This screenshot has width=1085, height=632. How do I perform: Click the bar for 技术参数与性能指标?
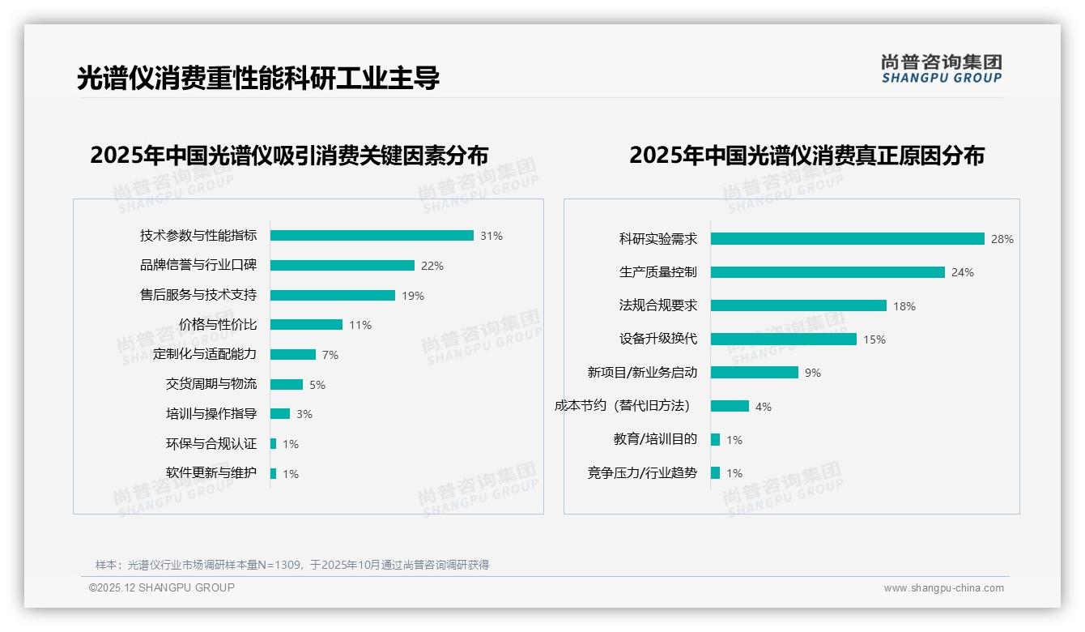tap(372, 236)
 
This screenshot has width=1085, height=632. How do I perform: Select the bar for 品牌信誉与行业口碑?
tap(342, 266)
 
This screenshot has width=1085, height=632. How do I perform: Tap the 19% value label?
tap(413, 296)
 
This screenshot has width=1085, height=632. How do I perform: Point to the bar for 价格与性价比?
tap(306, 325)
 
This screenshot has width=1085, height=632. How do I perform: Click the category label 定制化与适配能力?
tap(205, 355)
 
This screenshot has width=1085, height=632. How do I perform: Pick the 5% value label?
tap(317, 385)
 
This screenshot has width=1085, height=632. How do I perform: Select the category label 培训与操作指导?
tap(211, 414)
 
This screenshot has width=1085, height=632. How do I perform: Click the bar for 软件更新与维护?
tap(274, 473)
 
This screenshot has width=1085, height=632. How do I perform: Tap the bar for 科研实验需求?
tap(847, 239)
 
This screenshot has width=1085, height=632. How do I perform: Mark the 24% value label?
tap(963, 272)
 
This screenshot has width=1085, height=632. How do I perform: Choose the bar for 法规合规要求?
tap(798, 305)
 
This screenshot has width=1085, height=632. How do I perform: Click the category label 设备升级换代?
tap(658, 339)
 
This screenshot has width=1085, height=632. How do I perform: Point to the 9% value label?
tap(813, 373)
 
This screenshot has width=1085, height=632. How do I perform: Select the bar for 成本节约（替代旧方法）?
tap(730, 406)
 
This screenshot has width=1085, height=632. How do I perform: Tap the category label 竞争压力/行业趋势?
tap(642, 473)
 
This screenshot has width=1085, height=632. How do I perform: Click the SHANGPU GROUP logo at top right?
tap(941, 69)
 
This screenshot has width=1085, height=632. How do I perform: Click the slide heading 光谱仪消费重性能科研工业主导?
tap(258, 79)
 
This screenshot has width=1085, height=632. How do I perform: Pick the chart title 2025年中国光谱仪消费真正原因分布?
tap(806, 155)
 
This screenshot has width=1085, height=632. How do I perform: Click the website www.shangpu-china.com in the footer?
tap(943, 588)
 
